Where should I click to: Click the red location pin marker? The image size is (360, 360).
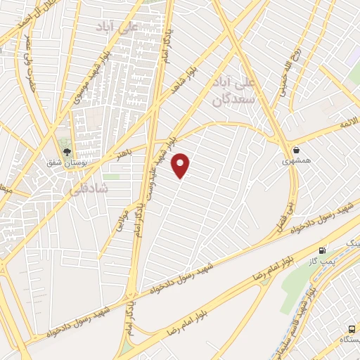tap(181, 165)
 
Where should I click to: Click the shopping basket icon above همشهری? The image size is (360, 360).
tap(297, 150)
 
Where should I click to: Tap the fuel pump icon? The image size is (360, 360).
tap(323, 250)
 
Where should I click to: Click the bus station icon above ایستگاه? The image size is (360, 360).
tap(351, 328)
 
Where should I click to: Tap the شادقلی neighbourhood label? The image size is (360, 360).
tap(87, 189)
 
